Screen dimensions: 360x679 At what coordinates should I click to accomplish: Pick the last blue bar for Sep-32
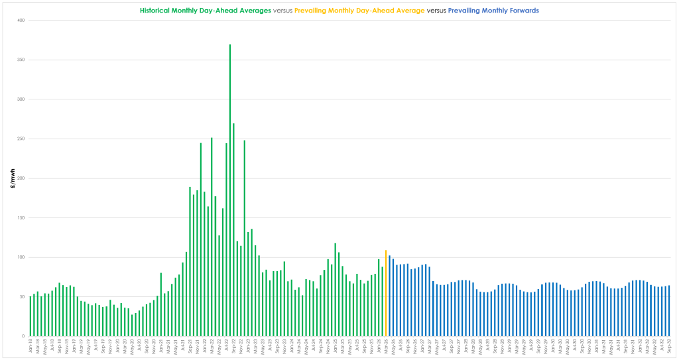669,311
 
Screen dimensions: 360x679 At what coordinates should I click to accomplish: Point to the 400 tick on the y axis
21,21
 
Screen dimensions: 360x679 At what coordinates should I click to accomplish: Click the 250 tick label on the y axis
21,139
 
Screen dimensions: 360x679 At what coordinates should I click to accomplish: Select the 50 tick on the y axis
22,297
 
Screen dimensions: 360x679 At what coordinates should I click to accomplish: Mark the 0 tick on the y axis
23,336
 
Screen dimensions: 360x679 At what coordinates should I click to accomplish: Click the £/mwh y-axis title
12,178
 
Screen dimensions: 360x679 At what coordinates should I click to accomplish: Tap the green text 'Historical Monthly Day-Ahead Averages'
206,11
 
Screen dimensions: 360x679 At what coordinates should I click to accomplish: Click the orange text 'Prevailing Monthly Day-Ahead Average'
359,11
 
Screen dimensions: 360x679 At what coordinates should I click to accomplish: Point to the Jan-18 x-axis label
31,347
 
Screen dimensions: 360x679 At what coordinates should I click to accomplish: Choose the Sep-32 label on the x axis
669,347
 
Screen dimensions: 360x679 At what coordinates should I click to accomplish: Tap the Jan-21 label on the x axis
161,347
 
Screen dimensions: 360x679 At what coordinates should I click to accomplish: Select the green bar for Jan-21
161,305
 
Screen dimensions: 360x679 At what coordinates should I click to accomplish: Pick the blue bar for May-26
393,298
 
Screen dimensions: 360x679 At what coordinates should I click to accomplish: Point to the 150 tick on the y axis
21,218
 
